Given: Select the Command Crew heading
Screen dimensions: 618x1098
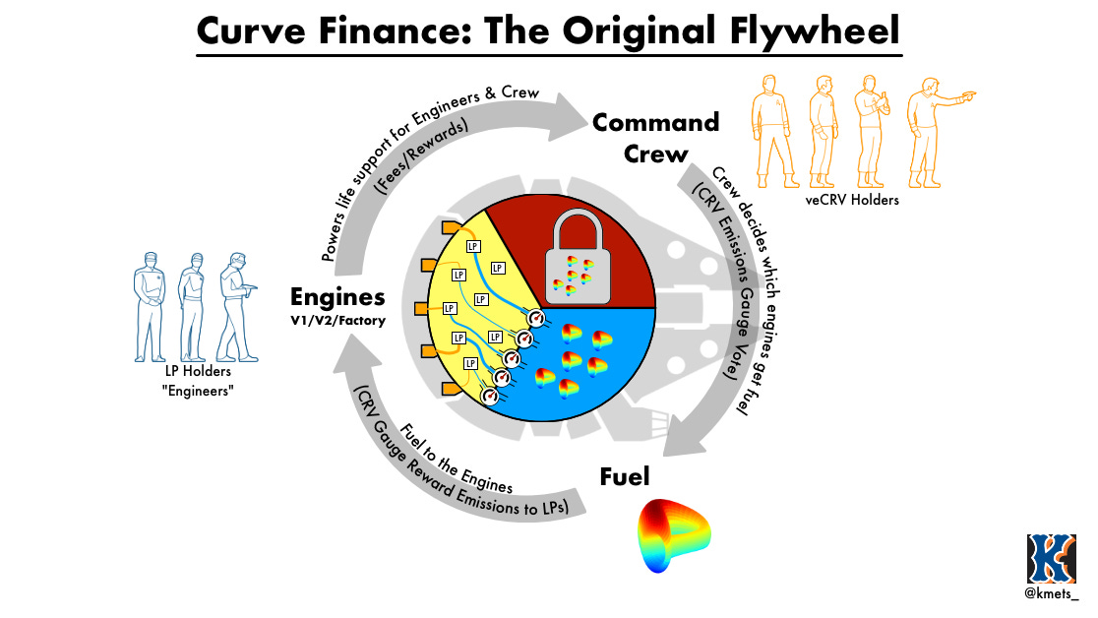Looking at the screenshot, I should (655, 137).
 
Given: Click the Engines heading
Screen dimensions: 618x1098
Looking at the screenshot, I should (336, 296).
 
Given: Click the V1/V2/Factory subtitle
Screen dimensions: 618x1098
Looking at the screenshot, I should (336, 321).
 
